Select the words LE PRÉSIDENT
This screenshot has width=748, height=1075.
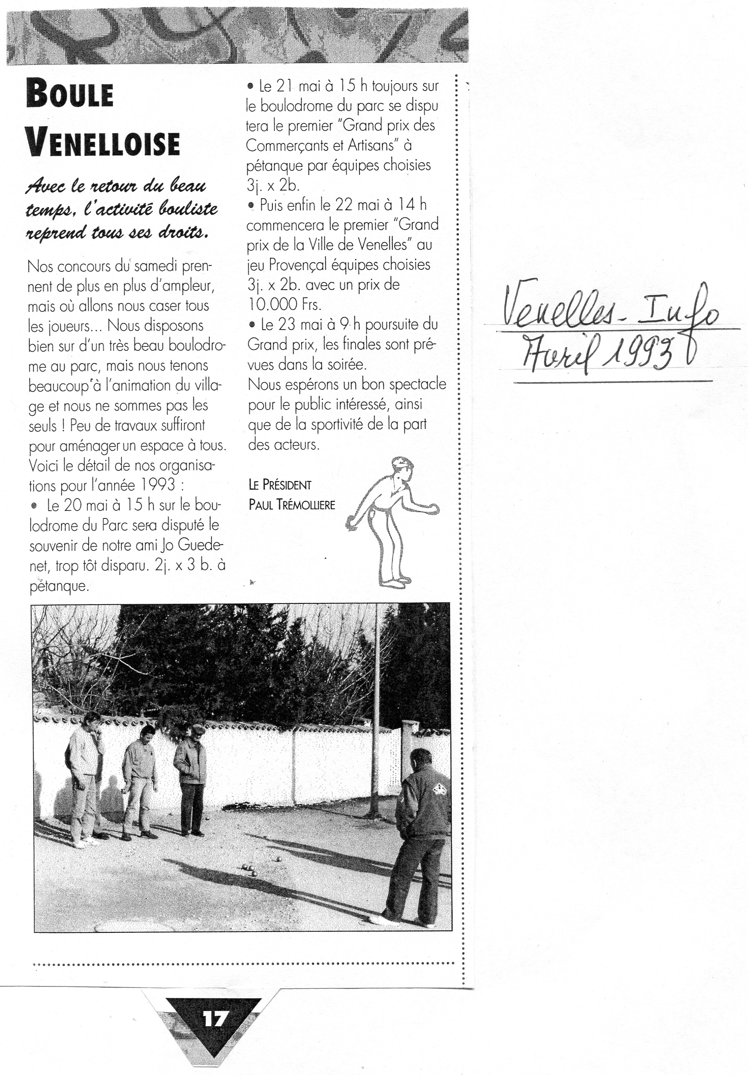coord(280,485)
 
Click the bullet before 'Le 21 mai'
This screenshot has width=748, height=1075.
coord(251,87)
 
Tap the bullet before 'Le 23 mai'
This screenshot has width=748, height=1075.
coord(252,324)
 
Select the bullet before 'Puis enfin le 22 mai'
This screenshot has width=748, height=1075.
coord(252,205)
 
